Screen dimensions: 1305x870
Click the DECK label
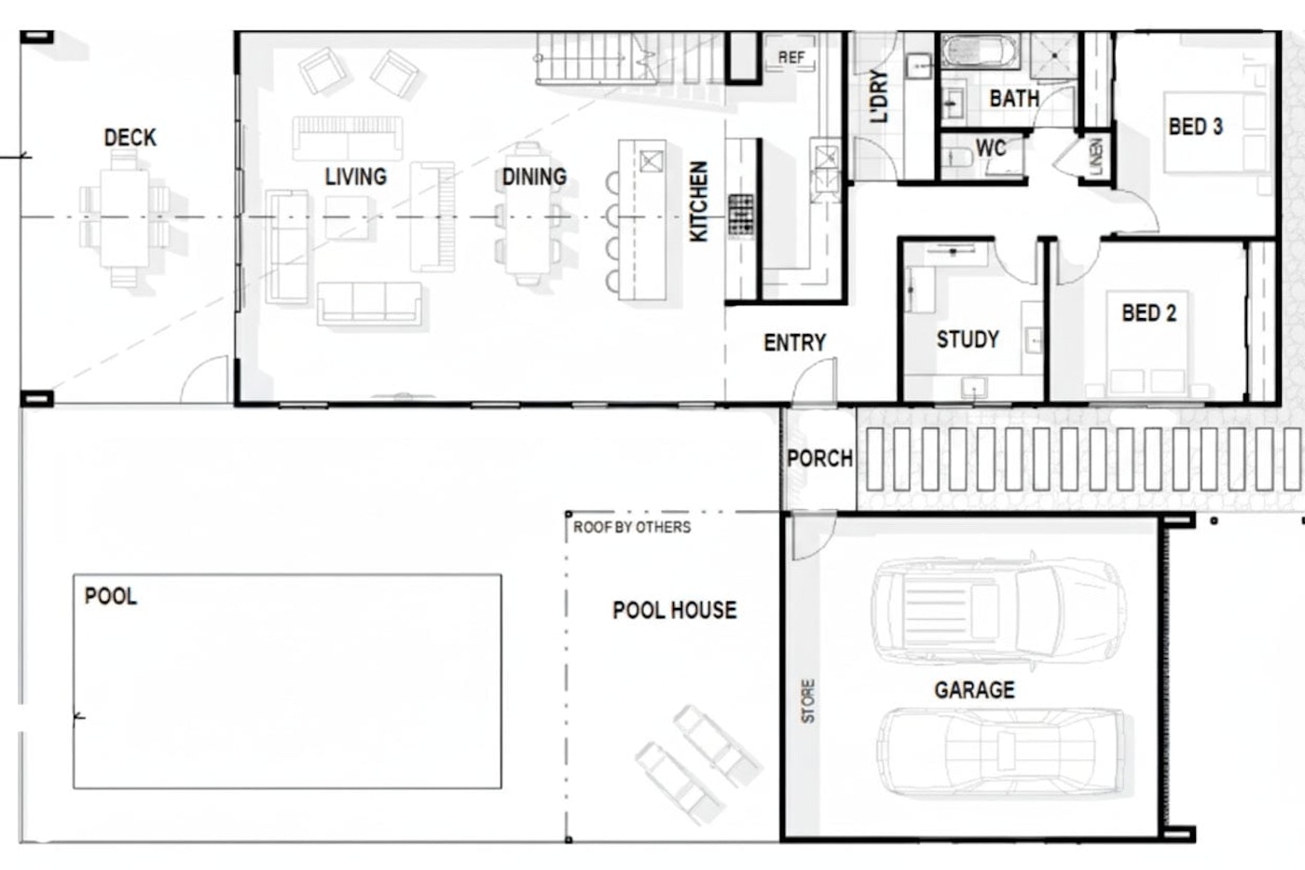(x=130, y=137)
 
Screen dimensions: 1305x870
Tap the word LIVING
(x=355, y=176)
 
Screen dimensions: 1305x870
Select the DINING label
(x=534, y=176)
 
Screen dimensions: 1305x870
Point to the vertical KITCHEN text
(x=698, y=201)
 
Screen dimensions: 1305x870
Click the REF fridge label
(x=791, y=57)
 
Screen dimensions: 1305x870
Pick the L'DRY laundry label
(x=878, y=96)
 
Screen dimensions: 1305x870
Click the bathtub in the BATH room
(x=979, y=50)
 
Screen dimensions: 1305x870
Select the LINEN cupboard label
(x=1096, y=157)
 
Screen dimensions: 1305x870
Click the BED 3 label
(x=1195, y=127)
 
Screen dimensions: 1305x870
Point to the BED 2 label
(x=1148, y=313)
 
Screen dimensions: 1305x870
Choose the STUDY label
(x=968, y=339)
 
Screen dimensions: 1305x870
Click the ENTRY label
(x=794, y=342)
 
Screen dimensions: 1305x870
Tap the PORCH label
(x=819, y=459)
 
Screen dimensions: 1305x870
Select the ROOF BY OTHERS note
(x=632, y=528)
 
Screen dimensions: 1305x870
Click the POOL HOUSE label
(x=675, y=610)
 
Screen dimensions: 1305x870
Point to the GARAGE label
(x=975, y=690)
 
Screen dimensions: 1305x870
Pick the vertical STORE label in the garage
(x=808, y=701)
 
